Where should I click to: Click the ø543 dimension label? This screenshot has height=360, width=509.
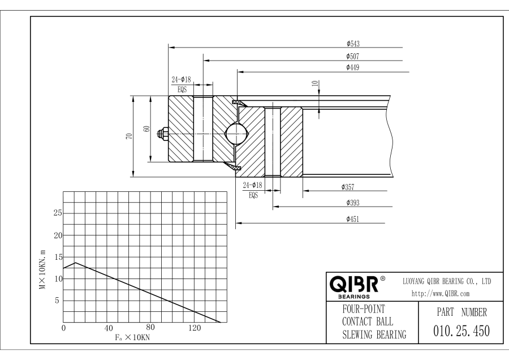pos(355,44)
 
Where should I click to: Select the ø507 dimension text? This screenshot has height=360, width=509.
pos(355,56)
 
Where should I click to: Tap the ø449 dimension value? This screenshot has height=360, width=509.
pos(355,68)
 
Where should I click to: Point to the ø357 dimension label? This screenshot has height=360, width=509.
pos(348,187)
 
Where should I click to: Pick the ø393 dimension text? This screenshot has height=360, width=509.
pos(354,202)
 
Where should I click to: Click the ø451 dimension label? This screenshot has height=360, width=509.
pos(354,218)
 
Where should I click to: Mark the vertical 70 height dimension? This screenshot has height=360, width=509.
pos(130,136)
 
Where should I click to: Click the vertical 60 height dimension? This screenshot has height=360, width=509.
pos(146,129)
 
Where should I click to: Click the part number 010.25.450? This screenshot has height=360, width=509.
pos(458,330)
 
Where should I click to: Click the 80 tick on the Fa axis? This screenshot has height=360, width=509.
pos(150,328)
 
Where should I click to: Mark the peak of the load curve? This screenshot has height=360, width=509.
pos(75,263)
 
